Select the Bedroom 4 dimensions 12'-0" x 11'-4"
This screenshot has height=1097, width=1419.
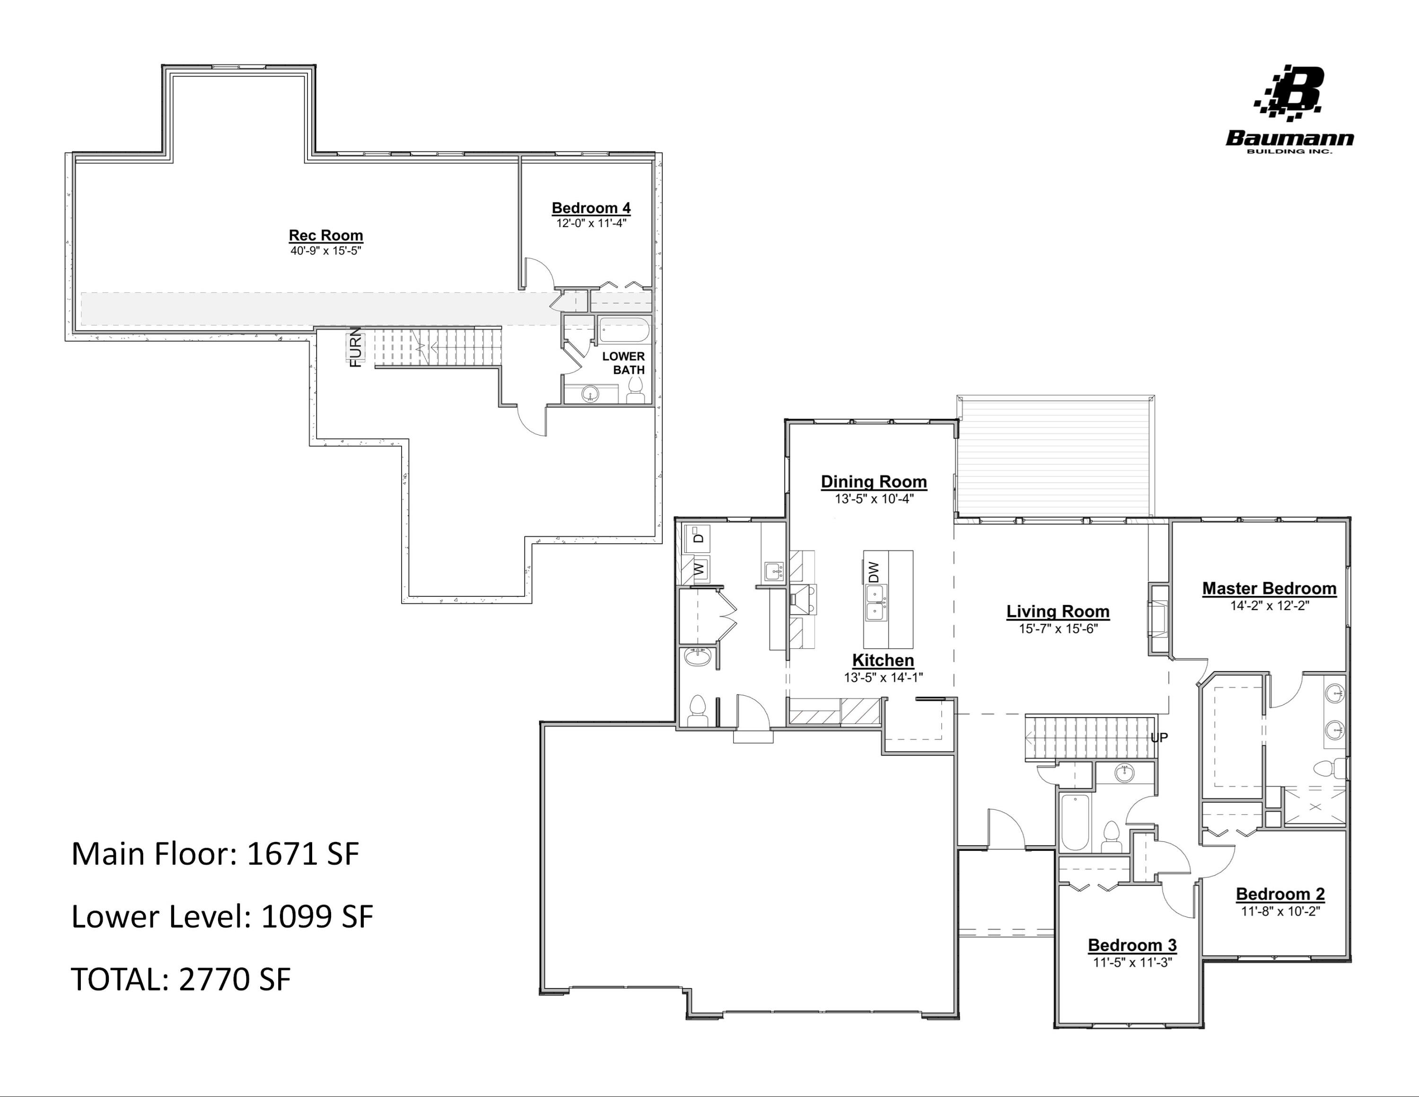pyautogui.click(x=591, y=223)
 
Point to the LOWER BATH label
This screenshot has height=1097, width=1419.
pyautogui.click(x=624, y=363)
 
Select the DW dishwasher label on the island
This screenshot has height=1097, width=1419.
pyautogui.click(x=874, y=572)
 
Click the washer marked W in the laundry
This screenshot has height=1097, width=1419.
pyautogui.click(x=699, y=569)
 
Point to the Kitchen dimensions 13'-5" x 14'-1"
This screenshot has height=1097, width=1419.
pyautogui.click(x=883, y=677)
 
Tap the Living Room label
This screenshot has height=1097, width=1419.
pyautogui.click(x=1058, y=611)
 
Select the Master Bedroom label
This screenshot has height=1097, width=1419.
pyautogui.click(x=1269, y=588)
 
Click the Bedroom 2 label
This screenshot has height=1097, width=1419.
pyautogui.click(x=1280, y=894)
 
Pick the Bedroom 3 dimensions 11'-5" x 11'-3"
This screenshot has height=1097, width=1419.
pyautogui.click(x=1132, y=963)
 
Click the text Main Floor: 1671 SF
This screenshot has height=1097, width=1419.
pyautogui.click(x=215, y=854)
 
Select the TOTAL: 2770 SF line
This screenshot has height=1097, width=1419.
pyautogui.click(x=181, y=979)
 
